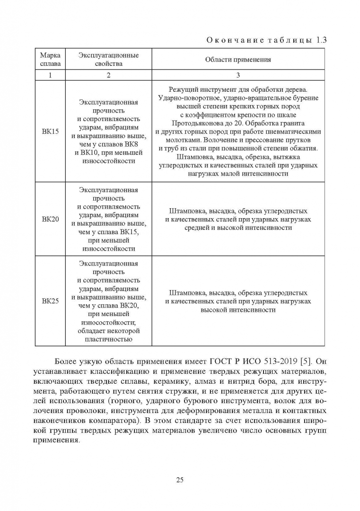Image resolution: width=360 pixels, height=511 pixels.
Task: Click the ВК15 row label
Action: (x=50, y=131)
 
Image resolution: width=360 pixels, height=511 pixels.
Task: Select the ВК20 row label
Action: (x=50, y=219)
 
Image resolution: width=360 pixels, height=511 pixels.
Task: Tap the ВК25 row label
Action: (x=50, y=301)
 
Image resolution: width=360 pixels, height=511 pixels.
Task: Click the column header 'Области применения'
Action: (x=238, y=60)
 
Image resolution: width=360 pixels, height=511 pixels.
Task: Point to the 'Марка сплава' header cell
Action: (x=50, y=59)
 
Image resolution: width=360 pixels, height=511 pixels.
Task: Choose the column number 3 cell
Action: (x=238, y=75)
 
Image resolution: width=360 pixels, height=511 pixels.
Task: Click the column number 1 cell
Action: (x=50, y=75)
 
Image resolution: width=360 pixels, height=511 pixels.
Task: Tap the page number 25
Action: (x=180, y=480)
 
